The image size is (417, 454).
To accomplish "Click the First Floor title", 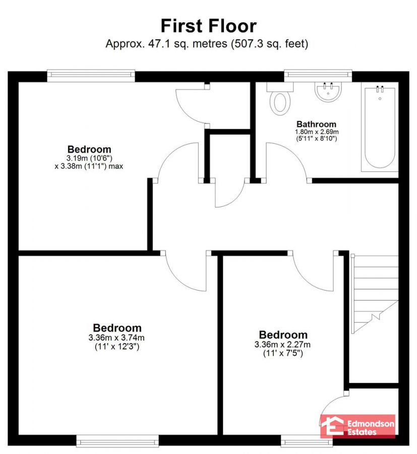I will [x=208, y=25].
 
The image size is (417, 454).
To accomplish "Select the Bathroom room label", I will [x=316, y=124].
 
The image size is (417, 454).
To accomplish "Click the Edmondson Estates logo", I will [x=359, y=425].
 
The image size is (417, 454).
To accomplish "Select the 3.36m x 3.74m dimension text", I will [x=117, y=337].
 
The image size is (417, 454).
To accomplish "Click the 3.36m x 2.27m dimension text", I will [x=283, y=345].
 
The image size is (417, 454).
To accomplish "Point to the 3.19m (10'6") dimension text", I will [x=89, y=158].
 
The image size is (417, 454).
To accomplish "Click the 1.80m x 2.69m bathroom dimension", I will [x=316, y=132].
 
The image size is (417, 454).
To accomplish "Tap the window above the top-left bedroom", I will [x=91, y=76].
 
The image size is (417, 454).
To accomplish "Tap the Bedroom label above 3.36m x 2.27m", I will [x=283, y=335].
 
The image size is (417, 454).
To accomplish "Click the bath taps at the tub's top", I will [x=380, y=89].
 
